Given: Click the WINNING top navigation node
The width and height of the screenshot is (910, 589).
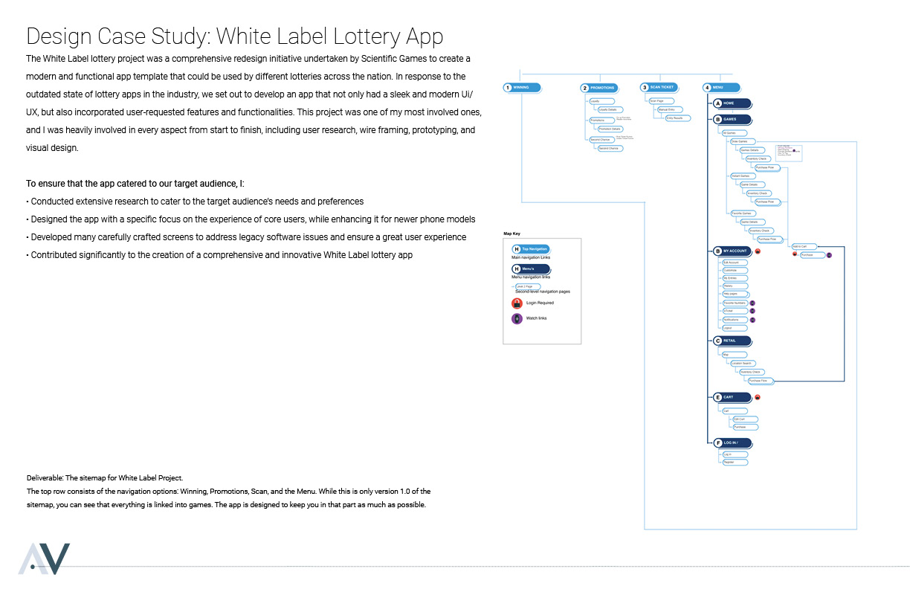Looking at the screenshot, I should (x=523, y=88).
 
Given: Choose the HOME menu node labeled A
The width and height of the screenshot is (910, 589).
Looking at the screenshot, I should (x=732, y=103).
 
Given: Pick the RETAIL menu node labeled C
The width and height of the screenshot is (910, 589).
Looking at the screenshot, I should (x=732, y=341).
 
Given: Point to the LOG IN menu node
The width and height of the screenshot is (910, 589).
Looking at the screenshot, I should (x=732, y=443).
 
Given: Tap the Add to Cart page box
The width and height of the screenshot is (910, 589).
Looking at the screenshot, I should (x=806, y=246).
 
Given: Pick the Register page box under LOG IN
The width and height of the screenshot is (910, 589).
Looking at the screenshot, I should (x=734, y=462).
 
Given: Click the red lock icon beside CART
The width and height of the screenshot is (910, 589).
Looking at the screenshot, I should (x=757, y=398).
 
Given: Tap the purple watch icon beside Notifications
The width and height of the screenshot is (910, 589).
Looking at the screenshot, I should (x=752, y=320).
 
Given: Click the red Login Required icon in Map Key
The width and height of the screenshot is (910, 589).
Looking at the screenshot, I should (x=517, y=303).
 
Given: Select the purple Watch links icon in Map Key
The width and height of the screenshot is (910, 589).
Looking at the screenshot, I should (x=517, y=318).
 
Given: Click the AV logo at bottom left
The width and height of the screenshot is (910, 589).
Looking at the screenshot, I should (x=45, y=559).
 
